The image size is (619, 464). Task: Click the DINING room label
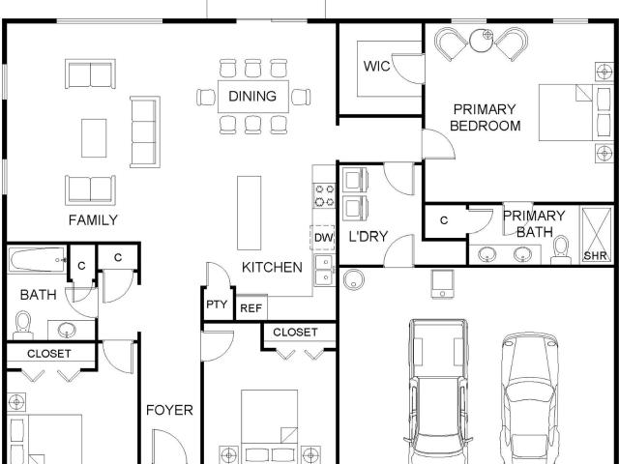(x=252, y=96)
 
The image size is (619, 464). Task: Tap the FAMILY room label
(x=93, y=219)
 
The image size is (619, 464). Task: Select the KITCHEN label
(x=272, y=267)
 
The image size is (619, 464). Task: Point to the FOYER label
(x=169, y=410)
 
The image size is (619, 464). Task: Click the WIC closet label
(x=376, y=66)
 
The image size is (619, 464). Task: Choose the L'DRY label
(x=368, y=236)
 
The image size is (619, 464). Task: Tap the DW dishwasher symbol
(x=323, y=238)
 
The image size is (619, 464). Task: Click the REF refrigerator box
(x=251, y=307)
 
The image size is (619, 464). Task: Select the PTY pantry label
(x=217, y=304)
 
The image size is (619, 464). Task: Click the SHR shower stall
(x=597, y=235)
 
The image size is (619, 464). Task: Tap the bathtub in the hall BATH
(x=38, y=260)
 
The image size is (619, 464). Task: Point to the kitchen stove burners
(x=324, y=195)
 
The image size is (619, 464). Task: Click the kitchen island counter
(x=250, y=213)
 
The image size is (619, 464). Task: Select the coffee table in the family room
(x=94, y=138)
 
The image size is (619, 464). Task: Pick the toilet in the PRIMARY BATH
(x=561, y=249)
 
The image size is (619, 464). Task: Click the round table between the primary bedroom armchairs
(x=482, y=41)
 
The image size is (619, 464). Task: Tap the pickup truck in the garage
(x=438, y=391)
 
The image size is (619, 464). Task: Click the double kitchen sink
(x=324, y=271)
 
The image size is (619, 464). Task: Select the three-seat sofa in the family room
(x=145, y=131)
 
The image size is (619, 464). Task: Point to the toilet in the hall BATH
(x=23, y=326)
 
